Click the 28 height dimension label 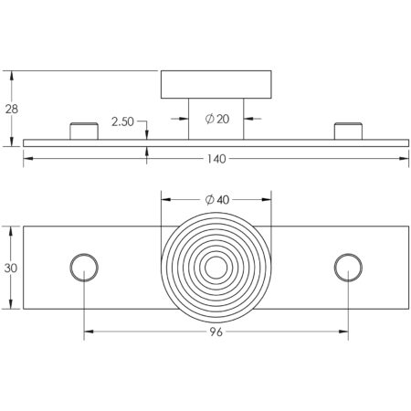[12, 109]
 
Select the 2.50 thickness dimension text [122, 121]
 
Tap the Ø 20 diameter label [217, 119]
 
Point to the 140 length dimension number [216, 159]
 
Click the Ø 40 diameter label [217, 200]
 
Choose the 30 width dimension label [11, 269]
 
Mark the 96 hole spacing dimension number [216, 332]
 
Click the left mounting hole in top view [84, 268]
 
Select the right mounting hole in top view [348, 268]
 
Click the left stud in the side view [84, 132]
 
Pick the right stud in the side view [348, 132]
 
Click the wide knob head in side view [216, 85]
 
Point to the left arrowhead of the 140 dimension [28, 158]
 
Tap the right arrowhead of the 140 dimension [405, 158]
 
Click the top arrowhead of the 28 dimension [12, 76]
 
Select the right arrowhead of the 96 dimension [343, 332]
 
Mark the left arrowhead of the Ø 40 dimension [165, 199]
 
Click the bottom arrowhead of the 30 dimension [11, 304]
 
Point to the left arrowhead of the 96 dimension [89, 332]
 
